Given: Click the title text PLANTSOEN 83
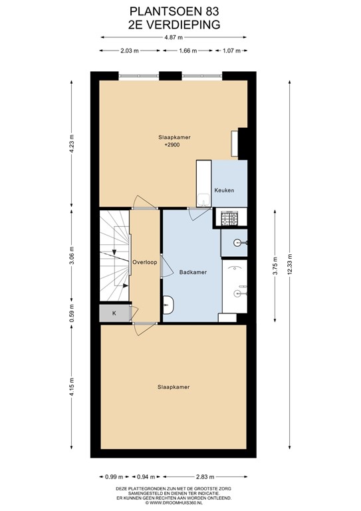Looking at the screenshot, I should tap(175, 11).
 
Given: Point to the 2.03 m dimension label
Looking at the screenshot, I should tap(130, 51).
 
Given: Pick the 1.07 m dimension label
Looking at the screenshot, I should tap(231, 51).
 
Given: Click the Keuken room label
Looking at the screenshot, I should tap(224, 191).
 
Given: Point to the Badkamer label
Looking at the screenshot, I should tap(192, 272).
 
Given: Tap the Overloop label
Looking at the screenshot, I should tap(144, 262).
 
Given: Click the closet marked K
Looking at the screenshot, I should tap(114, 313).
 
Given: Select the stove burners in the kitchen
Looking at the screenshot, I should tap(230, 217).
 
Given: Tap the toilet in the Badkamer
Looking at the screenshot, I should tap(169, 305).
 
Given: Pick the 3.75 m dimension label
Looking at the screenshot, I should tap(275, 265).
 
